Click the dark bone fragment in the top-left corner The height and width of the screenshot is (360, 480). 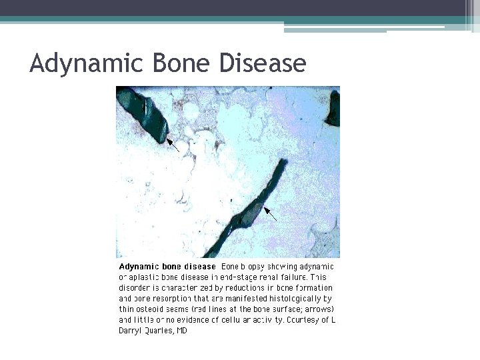(143, 114)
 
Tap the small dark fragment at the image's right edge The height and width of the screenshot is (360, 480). (333, 110)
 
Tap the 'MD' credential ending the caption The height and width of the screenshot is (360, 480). (182, 331)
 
